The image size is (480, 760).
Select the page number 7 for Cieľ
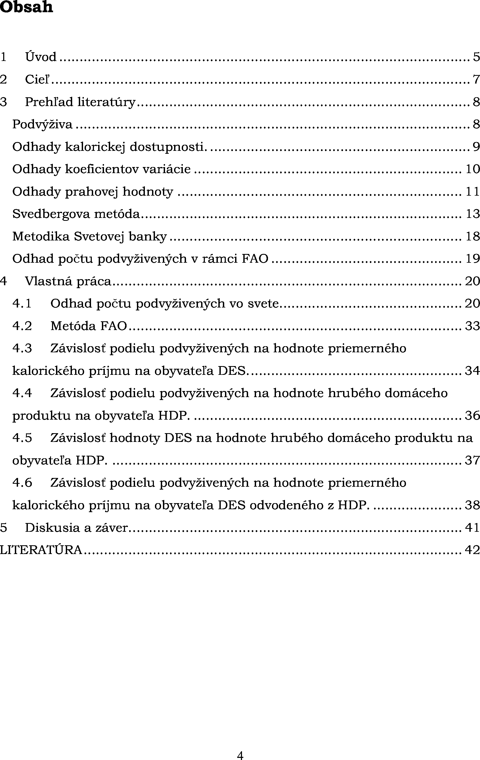click(476, 79)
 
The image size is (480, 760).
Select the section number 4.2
click(22, 326)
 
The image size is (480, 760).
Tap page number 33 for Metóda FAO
click(472, 326)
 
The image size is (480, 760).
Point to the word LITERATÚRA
click(41, 550)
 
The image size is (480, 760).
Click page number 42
click(472, 550)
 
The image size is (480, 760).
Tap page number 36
click(472, 416)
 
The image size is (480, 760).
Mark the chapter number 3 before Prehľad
click(3, 102)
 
